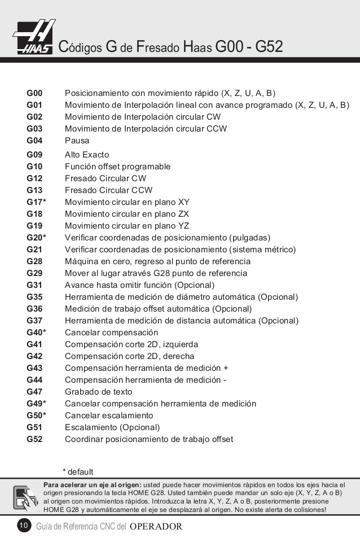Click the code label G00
pos(34,93)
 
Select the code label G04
pos(34,141)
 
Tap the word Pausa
pos(77,141)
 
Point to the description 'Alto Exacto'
pos(87,155)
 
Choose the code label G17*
pos(36,202)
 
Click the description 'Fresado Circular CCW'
pos(108,190)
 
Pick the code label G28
pos(34,261)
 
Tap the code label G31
pos(34,285)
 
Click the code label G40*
pos(36,332)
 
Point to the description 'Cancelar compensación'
pos(111,332)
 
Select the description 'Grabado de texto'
pos(98,392)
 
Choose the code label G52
pos(34,439)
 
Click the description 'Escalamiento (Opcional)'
pos(112,427)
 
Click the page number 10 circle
pos(24,526)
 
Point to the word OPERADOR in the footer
pos(156,527)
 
